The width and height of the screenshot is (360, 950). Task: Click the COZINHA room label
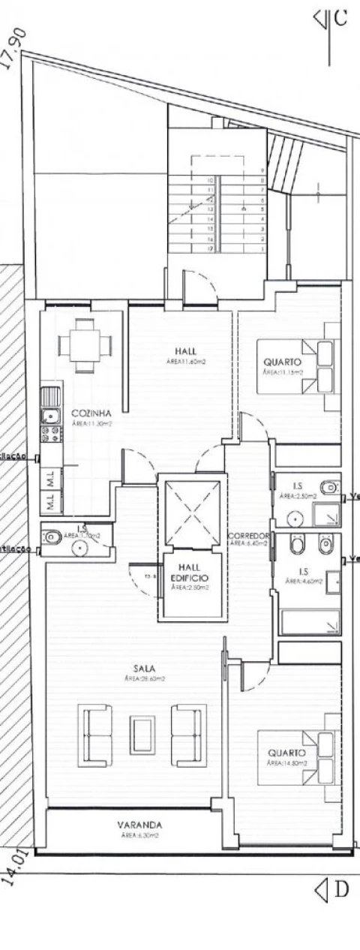(x=91, y=413)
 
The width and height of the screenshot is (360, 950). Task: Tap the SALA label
(x=145, y=668)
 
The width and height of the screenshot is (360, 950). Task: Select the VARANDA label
(x=139, y=824)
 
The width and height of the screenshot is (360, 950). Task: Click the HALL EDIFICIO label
(x=189, y=573)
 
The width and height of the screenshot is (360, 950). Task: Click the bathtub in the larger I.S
(x=309, y=622)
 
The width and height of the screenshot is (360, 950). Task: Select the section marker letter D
(x=341, y=890)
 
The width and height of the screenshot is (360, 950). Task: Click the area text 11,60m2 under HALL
(x=186, y=362)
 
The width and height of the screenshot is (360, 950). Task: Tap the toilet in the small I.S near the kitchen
(x=52, y=537)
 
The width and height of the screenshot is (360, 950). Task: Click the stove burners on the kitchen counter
(x=51, y=434)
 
